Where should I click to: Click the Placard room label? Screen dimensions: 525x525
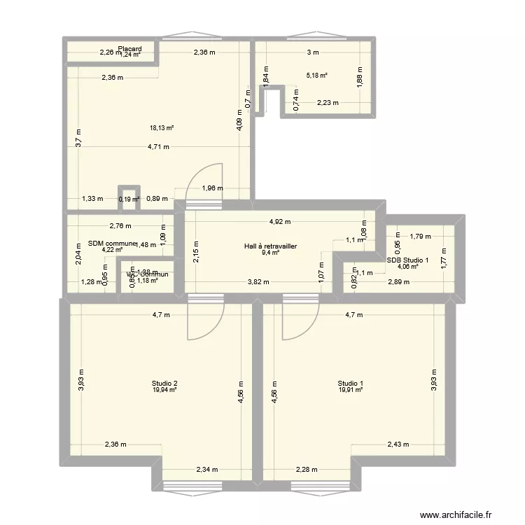point(130,49)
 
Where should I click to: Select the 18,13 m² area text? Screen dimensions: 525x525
point(162,128)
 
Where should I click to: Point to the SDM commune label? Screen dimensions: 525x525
point(111,244)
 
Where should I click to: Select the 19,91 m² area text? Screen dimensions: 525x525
point(350,390)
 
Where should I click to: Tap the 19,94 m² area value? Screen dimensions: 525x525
point(164,390)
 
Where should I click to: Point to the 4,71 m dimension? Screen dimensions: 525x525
point(157,147)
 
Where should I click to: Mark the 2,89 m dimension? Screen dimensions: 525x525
point(398,281)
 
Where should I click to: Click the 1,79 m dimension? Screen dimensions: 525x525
point(421,237)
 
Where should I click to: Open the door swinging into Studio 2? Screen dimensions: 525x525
point(205,318)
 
